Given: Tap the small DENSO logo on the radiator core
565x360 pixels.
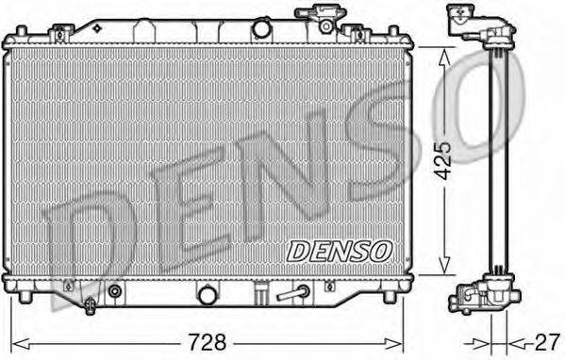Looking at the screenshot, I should pyautogui.click(x=338, y=250).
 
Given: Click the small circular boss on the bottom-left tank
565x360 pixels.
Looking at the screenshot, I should pyautogui.click(x=115, y=290).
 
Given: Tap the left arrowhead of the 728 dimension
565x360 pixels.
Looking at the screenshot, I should pyautogui.click(x=11, y=339).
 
